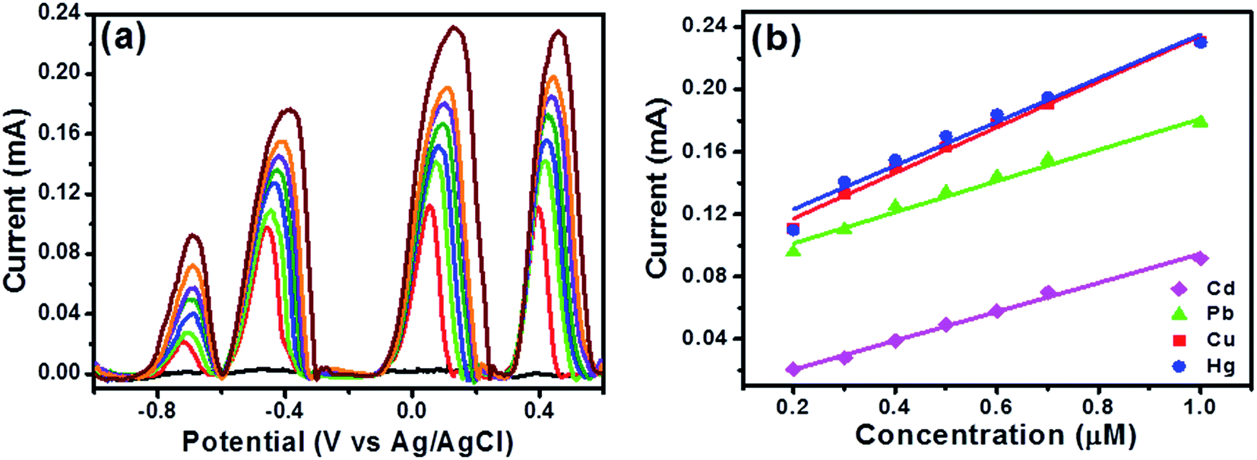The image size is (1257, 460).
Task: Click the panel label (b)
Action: tap(776, 38)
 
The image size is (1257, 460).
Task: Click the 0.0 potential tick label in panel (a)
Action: tap(412, 411)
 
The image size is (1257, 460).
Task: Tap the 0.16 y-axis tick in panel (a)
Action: tap(59, 134)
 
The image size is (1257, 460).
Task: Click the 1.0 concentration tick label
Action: tap(1200, 407)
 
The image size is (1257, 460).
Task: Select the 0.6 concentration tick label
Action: tap(996, 407)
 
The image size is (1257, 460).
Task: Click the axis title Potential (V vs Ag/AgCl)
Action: tap(347, 442)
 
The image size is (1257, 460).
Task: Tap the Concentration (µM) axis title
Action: tap(996, 435)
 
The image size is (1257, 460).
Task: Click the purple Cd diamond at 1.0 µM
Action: tap(1200, 259)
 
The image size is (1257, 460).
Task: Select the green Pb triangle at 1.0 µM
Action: tap(1200, 121)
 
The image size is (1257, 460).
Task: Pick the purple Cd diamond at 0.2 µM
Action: tap(793, 369)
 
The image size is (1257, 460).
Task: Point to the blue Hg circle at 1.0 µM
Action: tap(1200, 42)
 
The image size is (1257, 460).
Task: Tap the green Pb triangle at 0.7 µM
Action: tap(1047, 160)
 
